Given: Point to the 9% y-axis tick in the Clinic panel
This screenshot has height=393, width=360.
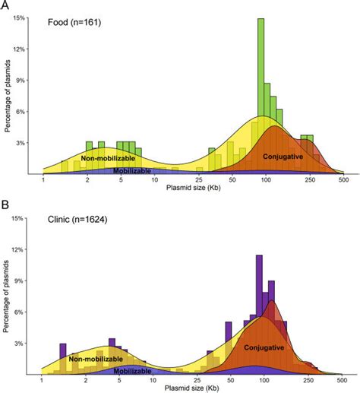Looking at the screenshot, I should [29, 280].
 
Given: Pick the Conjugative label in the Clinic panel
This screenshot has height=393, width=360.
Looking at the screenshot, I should [264, 347].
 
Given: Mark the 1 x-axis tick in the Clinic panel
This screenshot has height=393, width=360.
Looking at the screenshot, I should [43, 380].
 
